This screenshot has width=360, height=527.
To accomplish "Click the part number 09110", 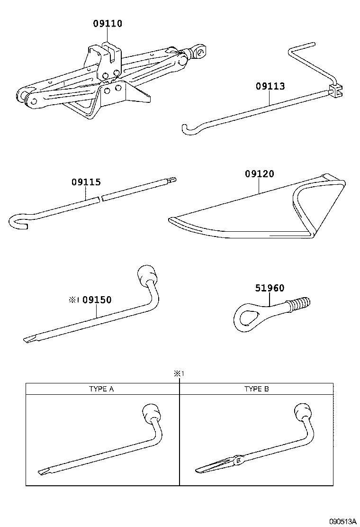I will (108, 23).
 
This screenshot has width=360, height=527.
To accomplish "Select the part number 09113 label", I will (270, 86).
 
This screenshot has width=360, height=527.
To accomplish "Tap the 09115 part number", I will (86, 182).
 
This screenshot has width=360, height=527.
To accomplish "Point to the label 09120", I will (259, 174).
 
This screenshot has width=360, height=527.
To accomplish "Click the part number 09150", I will (97, 300).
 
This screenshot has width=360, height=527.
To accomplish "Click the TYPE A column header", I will (102, 389).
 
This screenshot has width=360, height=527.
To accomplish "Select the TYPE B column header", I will (257, 389).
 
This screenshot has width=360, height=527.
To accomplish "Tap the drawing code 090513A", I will (342, 521).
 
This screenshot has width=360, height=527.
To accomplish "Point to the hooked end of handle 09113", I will (188, 127).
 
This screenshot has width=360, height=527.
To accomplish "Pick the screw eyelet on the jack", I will (200, 50).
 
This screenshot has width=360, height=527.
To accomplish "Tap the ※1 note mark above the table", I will (179, 373).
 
